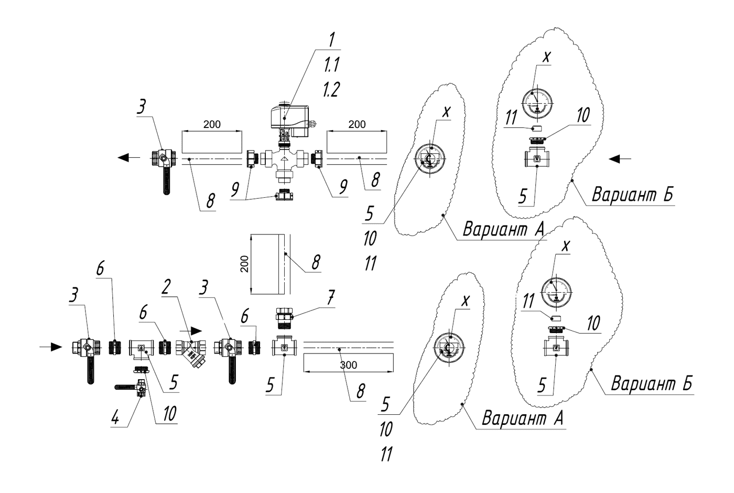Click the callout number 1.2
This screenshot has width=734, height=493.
pyautogui.click(x=331, y=90)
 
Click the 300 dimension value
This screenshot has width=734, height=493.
pyautogui.click(x=348, y=365)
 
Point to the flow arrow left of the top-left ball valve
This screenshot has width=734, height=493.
pyautogui.click(x=127, y=157)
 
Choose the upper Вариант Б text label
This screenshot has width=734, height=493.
pyautogui.click(x=633, y=195)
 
